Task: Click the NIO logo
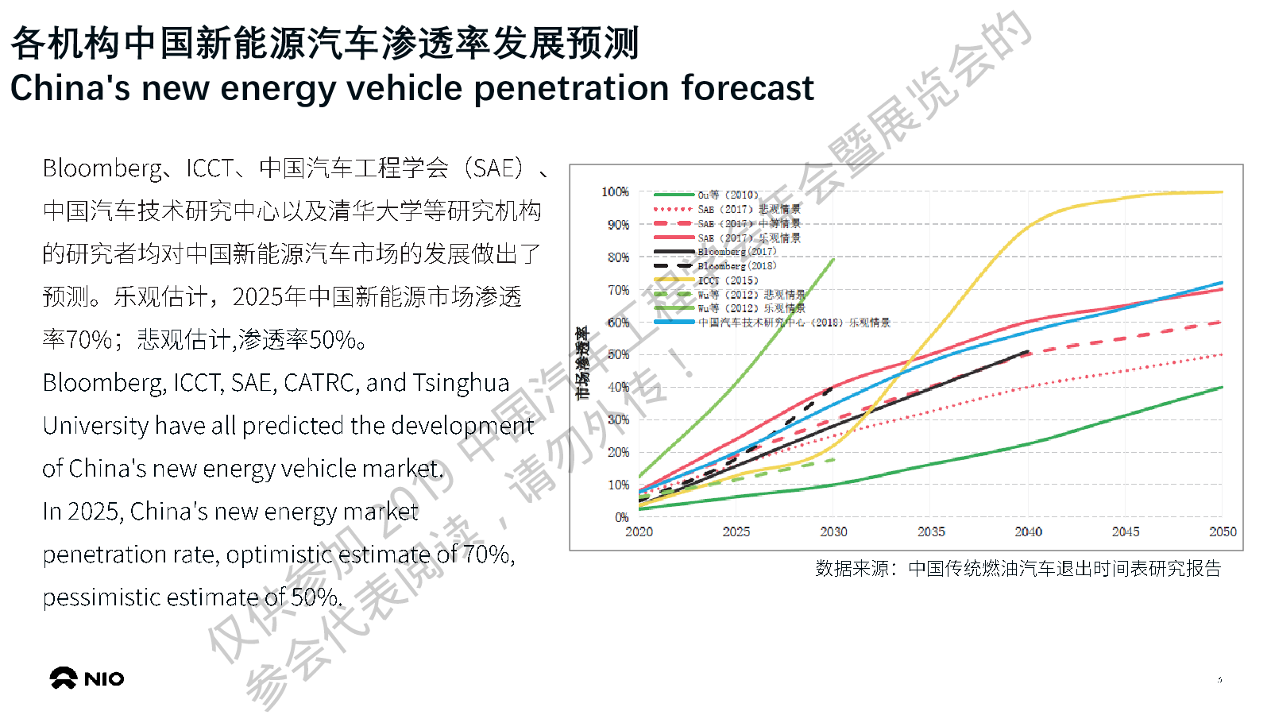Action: (87, 678)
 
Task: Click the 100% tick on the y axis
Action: (615, 192)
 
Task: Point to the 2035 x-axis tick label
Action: (931, 531)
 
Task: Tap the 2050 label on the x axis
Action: (1223, 531)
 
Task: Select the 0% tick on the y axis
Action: (621, 517)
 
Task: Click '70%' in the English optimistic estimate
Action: (486, 554)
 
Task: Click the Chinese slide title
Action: (324, 43)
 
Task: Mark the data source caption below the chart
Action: (1018, 569)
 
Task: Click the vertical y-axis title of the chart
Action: (583, 362)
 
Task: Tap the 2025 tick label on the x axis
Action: (736, 531)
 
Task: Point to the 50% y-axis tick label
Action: (618, 355)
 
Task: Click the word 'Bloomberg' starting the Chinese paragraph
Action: (103, 168)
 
